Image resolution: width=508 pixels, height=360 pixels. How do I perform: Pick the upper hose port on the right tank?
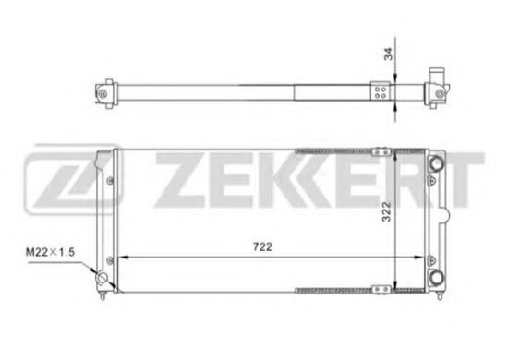point(436,164)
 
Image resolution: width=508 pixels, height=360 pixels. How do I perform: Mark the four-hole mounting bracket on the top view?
point(380,91)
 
